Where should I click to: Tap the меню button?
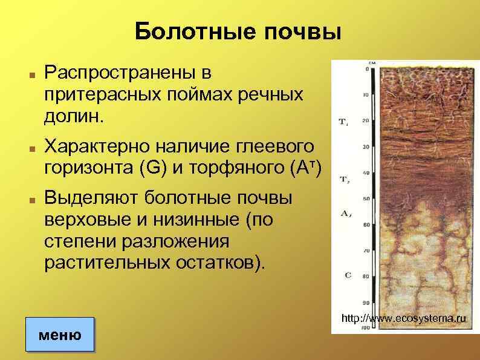pos(60,333)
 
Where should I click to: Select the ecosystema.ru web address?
pos(404,318)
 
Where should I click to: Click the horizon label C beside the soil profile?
pos(348,275)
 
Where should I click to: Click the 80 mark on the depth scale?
pos(364,276)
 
